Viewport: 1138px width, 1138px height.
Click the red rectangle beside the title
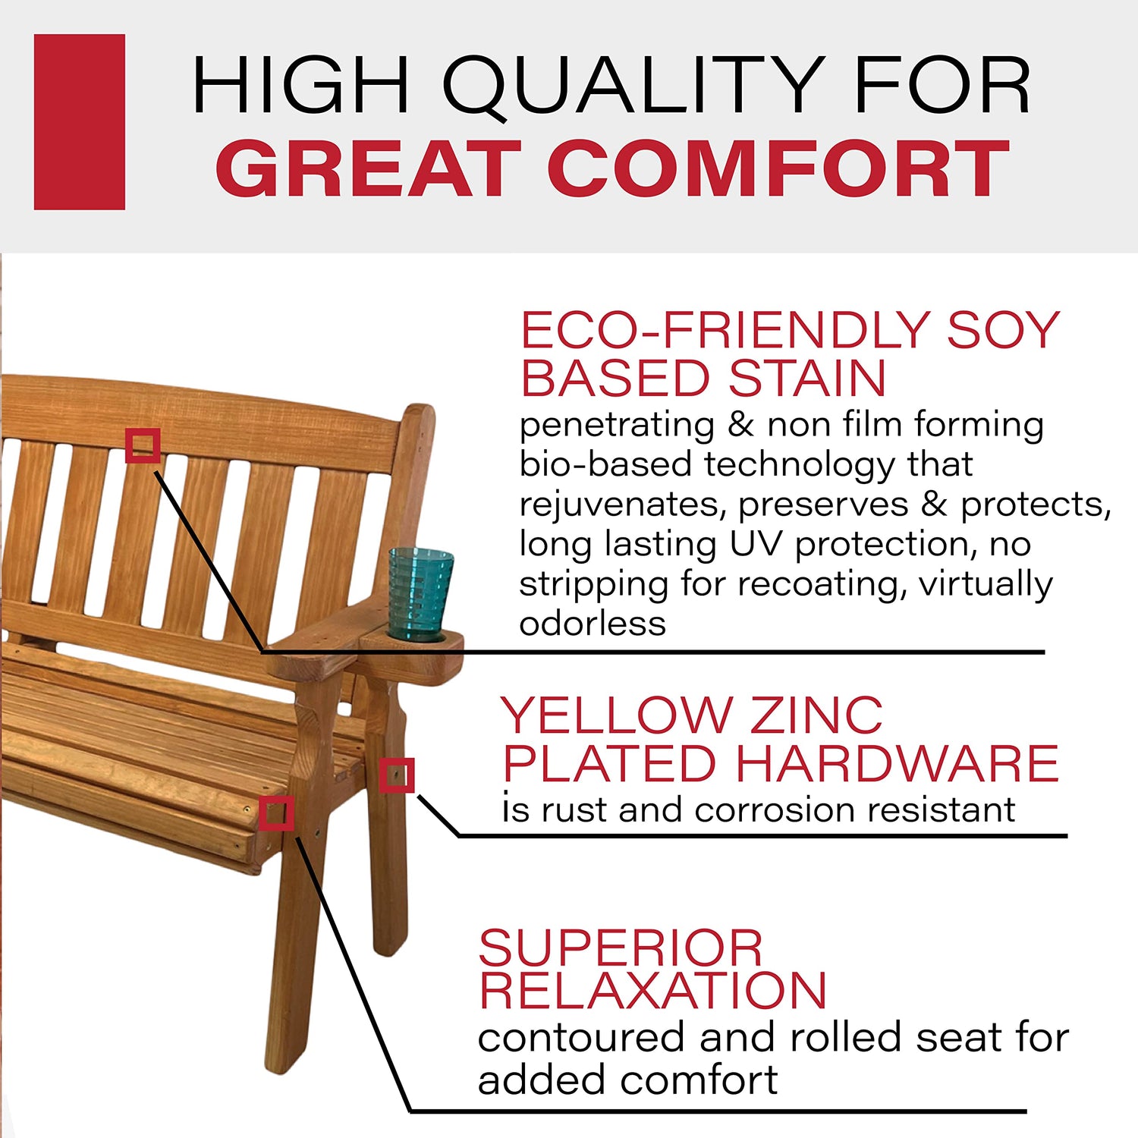(x=80, y=121)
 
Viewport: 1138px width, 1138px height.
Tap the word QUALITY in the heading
(x=633, y=85)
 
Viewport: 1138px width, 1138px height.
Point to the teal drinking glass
(x=421, y=593)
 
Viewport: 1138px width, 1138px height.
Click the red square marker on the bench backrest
(x=143, y=445)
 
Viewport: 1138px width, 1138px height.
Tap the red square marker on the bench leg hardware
(x=397, y=775)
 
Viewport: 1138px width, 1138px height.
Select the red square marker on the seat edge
(x=276, y=813)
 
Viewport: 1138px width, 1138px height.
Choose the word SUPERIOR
(x=621, y=948)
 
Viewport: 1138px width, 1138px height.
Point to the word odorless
(x=593, y=624)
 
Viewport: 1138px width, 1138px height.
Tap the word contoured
(x=581, y=1038)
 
